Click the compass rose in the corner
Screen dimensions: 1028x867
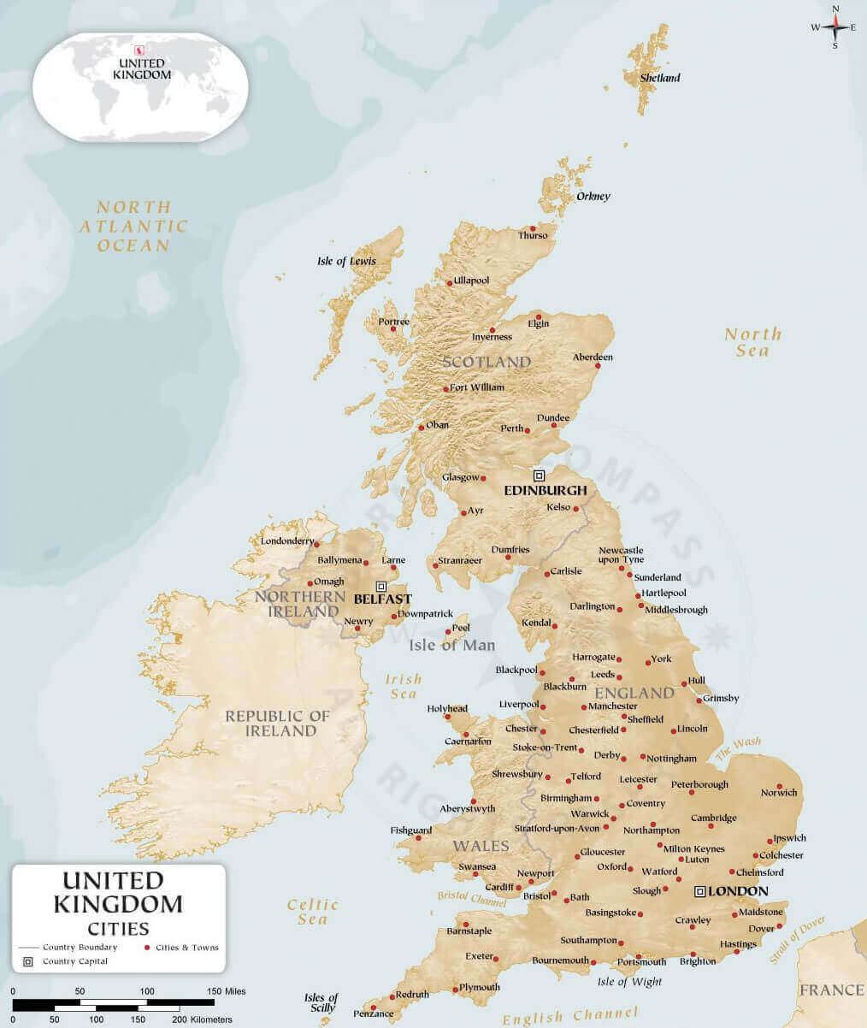(x=835, y=27)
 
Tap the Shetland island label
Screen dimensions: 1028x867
(x=661, y=78)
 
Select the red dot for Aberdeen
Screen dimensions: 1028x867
(x=598, y=366)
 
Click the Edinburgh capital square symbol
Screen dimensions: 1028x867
(x=539, y=475)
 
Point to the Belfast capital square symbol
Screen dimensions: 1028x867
(x=381, y=586)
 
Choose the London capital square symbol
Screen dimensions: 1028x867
(x=699, y=891)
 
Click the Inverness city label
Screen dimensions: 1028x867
(x=492, y=337)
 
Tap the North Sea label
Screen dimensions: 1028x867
(x=752, y=342)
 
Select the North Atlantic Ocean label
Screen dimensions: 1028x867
(x=133, y=226)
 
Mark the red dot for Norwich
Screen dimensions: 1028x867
(x=780, y=786)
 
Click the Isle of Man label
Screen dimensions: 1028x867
(x=451, y=645)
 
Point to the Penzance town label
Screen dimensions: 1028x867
(x=374, y=1013)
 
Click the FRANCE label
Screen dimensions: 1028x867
(x=831, y=990)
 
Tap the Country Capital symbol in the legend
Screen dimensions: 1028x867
(x=27, y=961)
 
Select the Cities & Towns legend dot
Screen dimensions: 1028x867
(x=147, y=948)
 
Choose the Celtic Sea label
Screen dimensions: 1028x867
(x=313, y=912)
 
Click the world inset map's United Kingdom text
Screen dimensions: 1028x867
(x=141, y=69)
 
